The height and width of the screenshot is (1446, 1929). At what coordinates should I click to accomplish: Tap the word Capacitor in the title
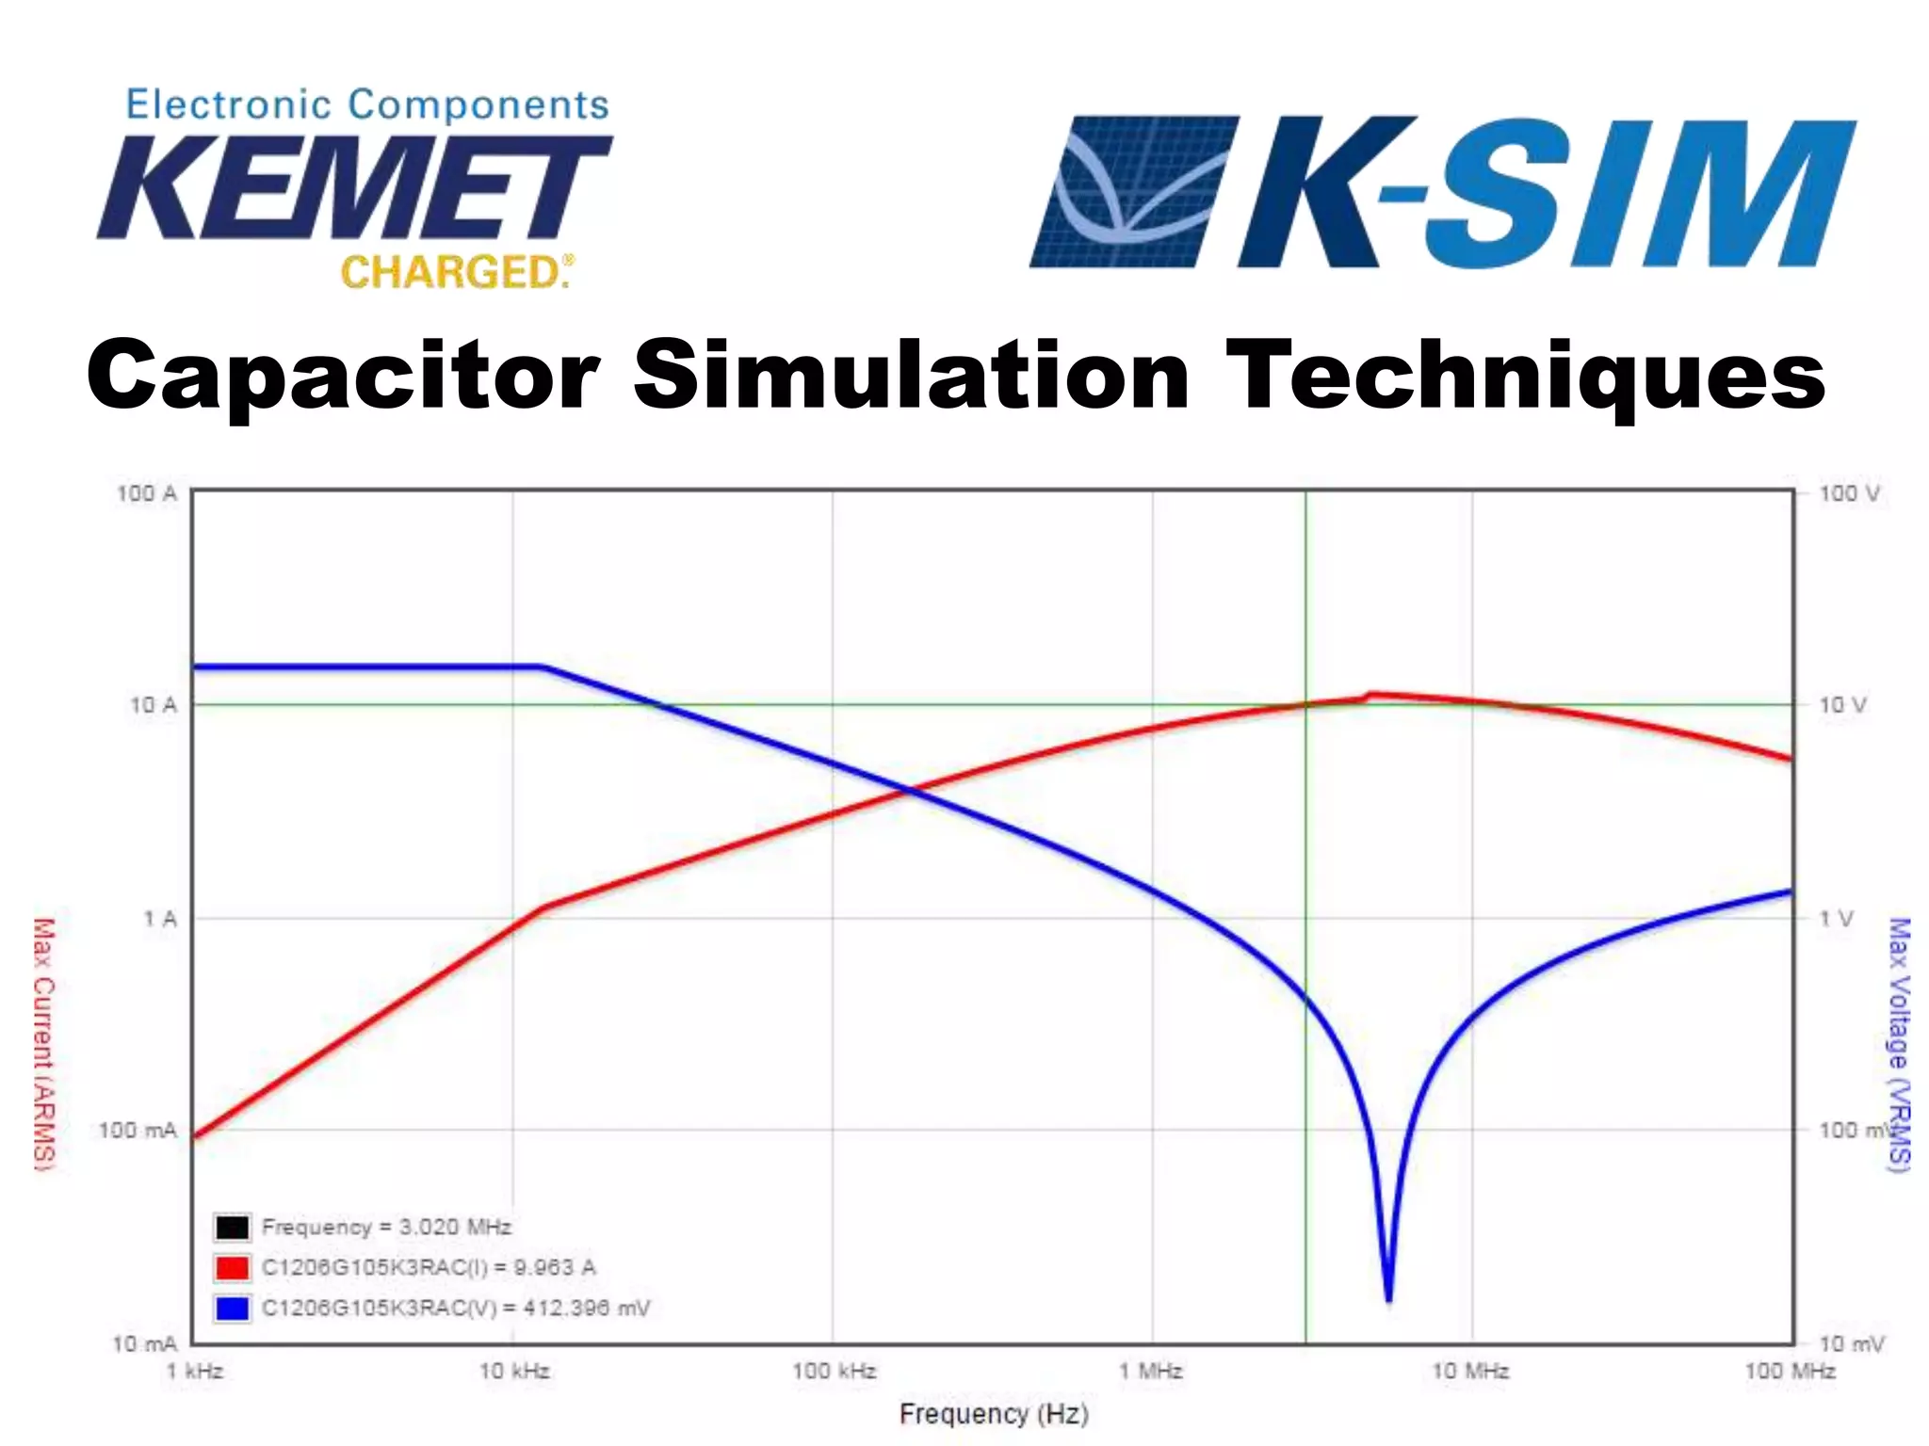click(344, 377)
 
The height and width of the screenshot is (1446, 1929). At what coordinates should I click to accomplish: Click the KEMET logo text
click(353, 188)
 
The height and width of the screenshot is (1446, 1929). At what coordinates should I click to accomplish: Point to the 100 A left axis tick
click(147, 493)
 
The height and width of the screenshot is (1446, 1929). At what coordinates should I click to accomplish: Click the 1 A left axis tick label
click(159, 919)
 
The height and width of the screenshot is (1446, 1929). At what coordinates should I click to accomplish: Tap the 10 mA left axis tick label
click(144, 1343)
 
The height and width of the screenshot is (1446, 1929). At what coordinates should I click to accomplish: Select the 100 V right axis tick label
click(1848, 493)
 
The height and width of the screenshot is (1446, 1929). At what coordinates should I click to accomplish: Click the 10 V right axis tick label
click(1841, 705)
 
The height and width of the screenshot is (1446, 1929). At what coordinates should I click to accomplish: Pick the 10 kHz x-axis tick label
click(514, 1372)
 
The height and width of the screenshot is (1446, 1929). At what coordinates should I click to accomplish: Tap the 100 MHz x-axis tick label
click(1789, 1372)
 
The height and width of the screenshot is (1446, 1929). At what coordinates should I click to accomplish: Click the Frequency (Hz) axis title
click(994, 1414)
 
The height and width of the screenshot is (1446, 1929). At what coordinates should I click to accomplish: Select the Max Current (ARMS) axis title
click(43, 1045)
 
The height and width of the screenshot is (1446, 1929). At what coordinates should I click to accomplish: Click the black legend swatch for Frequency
click(232, 1228)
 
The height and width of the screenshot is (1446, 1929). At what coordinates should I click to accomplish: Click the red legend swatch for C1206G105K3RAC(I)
click(232, 1268)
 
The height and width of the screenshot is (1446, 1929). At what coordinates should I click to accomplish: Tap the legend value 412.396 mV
click(586, 1309)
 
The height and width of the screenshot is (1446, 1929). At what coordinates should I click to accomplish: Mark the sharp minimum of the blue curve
click(1388, 1299)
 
